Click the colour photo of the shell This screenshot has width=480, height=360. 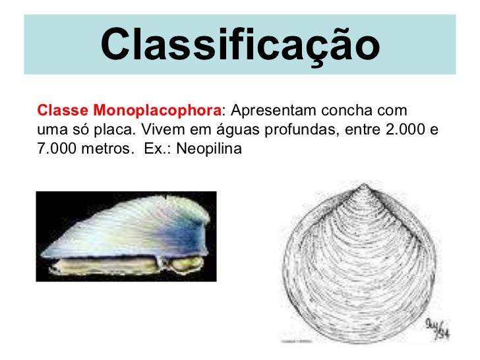coord(125,235)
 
